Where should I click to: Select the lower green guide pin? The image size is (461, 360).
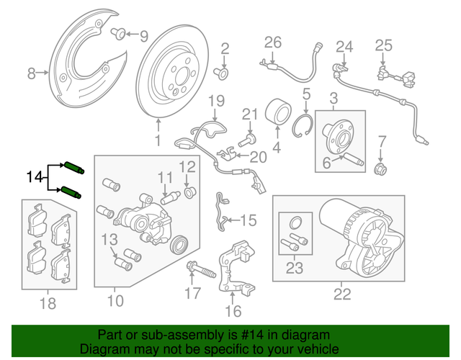point(71,192)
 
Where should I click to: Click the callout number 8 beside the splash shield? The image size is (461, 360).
point(31,73)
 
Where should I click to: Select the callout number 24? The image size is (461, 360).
point(346,48)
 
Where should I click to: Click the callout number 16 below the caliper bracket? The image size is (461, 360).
point(233,311)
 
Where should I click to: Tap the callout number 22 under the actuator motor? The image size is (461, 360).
point(343,293)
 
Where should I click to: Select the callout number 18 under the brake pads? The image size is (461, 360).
point(48,304)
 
